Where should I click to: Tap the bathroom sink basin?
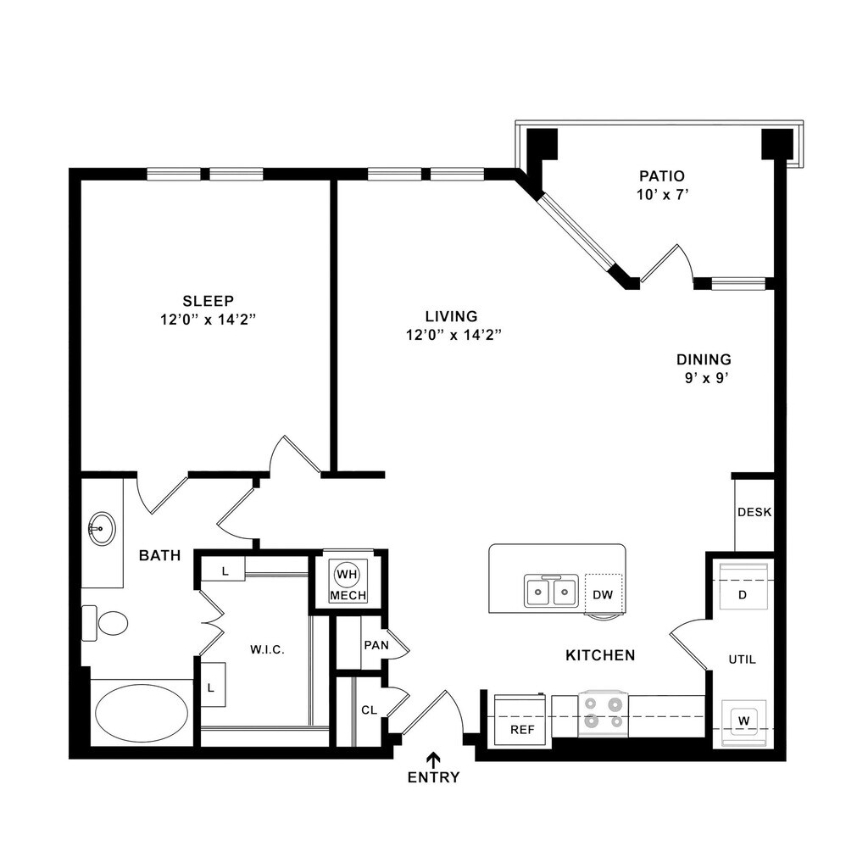tap(102, 529)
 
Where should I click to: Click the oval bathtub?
tap(142, 713)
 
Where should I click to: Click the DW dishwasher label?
tap(603, 595)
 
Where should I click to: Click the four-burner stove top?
tap(603, 711)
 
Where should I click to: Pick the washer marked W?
tap(744, 720)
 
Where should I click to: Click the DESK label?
tap(754, 512)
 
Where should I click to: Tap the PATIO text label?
tap(662, 176)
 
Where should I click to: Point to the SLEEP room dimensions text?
tap(208, 319)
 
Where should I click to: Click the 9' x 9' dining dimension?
tap(707, 378)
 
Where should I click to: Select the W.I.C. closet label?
tap(267, 650)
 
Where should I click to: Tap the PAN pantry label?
tap(376, 645)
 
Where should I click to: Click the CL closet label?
tap(369, 710)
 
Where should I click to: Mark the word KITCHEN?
tap(600, 655)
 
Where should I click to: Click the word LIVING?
tap(452, 316)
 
